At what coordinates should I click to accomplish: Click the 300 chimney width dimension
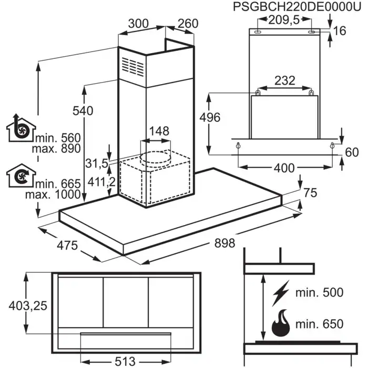click(139, 24)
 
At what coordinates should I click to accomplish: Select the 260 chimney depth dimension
click(187, 24)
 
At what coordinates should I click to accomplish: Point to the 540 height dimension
click(83, 111)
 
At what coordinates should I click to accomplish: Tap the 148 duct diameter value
click(158, 130)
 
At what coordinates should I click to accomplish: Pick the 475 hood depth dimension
click(67, 245)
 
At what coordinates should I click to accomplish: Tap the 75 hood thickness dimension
click(310, 193)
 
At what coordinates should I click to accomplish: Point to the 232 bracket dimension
click(284, 81)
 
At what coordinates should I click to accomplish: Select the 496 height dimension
click(210, 117)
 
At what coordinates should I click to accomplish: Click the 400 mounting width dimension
click(284, 169)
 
